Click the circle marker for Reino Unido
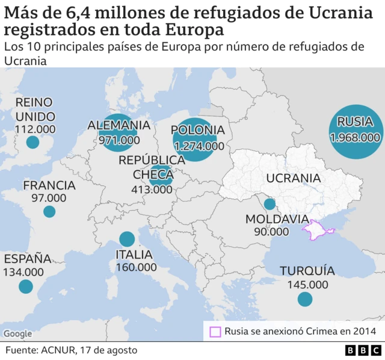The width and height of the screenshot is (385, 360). tap(32, 142)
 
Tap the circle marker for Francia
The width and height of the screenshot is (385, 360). tap(49, 211)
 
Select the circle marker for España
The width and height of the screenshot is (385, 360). tap(25, 287)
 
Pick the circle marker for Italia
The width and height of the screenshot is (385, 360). tap(127, 239)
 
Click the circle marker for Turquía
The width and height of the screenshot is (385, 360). tap(305, 299)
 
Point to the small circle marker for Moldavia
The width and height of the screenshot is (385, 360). tap(269, 204)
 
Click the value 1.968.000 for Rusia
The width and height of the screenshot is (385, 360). tap(355, 137)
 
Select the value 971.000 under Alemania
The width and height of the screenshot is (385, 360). tap(119, 140)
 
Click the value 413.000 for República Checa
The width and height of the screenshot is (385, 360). tap(152, 189)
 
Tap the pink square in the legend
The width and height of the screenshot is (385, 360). tap(215, 331)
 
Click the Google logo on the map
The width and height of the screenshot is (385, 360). tap(17, 334)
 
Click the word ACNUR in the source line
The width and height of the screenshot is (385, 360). tap(59, 350)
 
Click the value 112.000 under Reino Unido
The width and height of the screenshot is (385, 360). tap(35, 129)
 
